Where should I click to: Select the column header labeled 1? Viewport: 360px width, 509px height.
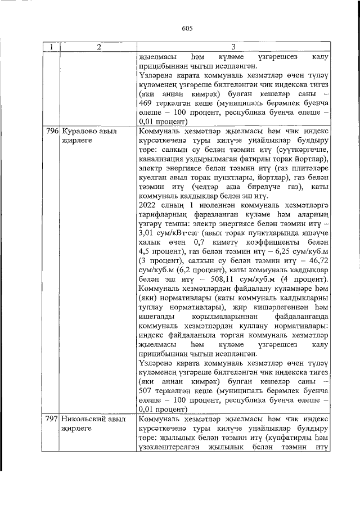tap(52, 47)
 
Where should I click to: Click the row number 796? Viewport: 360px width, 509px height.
tap(52, 131)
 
